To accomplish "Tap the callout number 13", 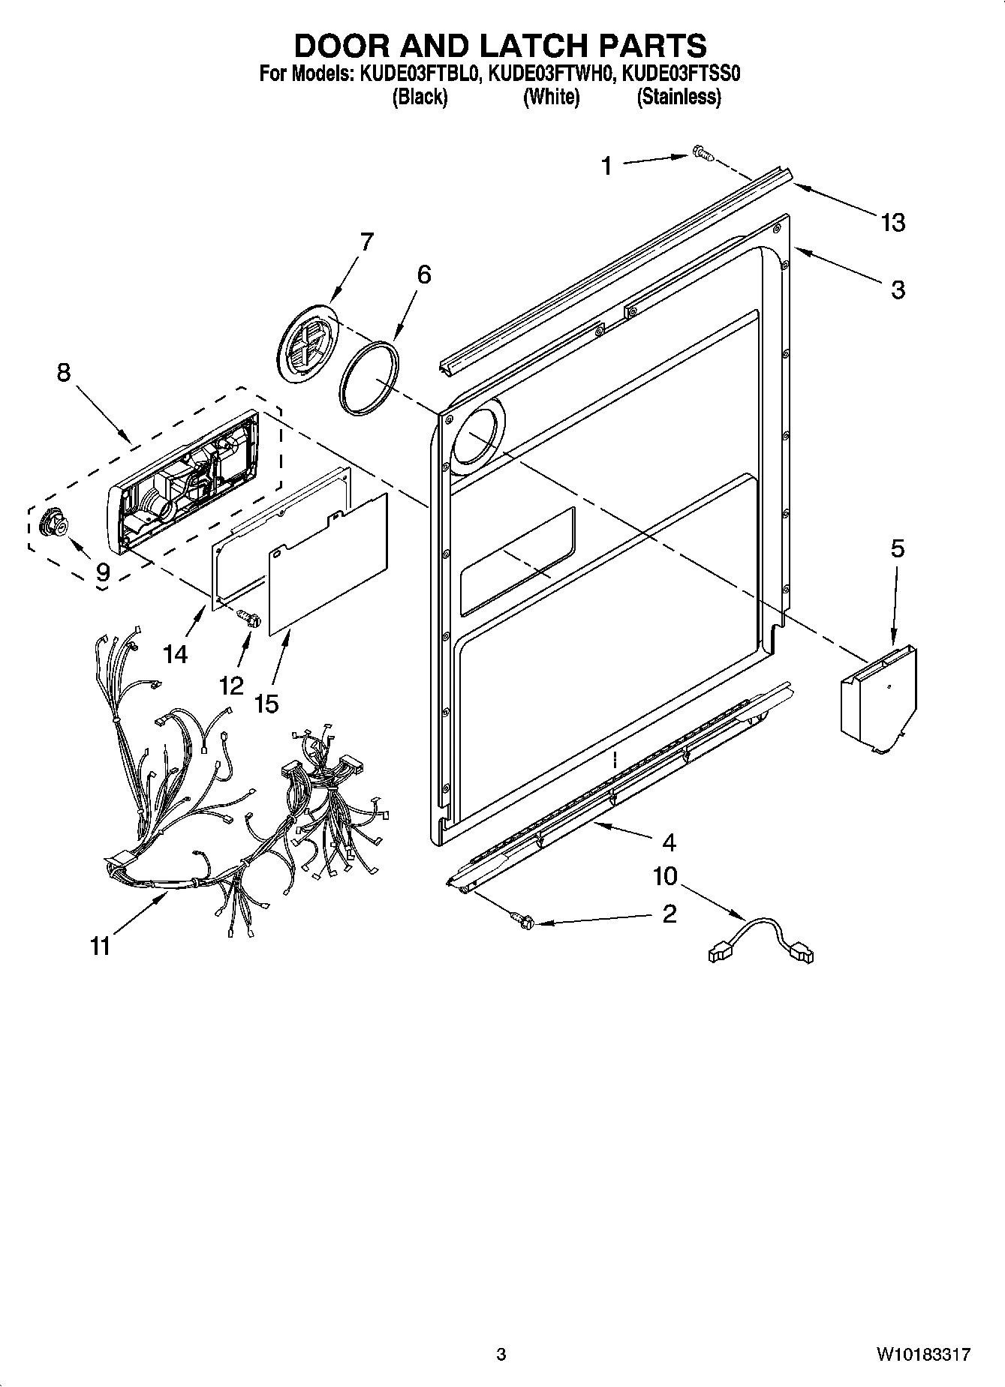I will click(893, 223).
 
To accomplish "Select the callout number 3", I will click(898, 290).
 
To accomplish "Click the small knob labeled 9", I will click(54, 522).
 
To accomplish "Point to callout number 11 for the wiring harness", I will click(100, 946).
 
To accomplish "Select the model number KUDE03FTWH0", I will click(551, 74).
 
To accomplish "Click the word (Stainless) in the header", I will click(679, 98).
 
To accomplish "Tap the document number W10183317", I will click(922, 1354).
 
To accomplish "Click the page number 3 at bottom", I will click(501, 1354).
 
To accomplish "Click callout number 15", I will click(266, 704).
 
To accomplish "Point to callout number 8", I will click(64, 372).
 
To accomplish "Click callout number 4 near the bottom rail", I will click(669, 843).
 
